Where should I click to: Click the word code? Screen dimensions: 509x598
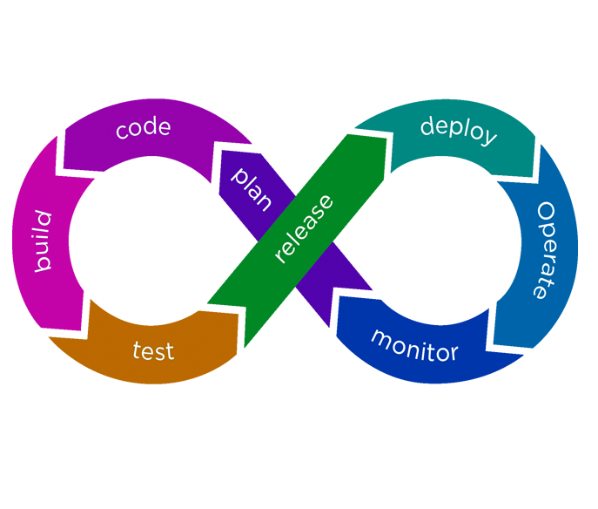(x=143, y=128)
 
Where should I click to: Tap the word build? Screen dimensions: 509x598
(x=43, y=241)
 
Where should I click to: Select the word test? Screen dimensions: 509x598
(x=153, y=351)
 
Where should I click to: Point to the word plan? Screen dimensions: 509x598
(x=252, y=188)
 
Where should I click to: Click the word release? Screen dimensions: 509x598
(x=303, y=228)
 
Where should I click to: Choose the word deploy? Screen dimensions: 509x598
(x=459, y=131)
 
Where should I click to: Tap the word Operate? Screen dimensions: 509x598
(x=545, y=250)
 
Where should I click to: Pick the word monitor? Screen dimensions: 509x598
(x=414, y=346)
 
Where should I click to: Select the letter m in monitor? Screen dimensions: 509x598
(x=380, y=336)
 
